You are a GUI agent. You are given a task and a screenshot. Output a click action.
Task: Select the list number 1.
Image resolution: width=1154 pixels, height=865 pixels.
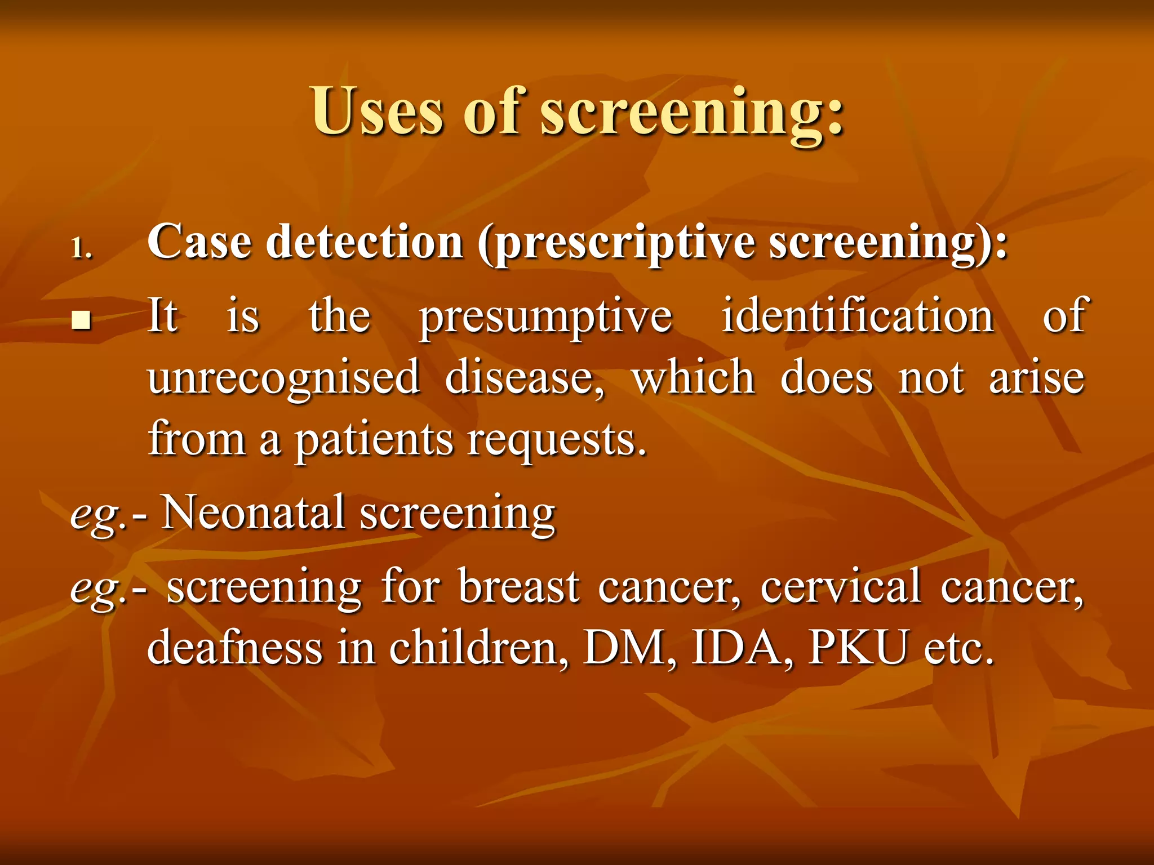point(81,248)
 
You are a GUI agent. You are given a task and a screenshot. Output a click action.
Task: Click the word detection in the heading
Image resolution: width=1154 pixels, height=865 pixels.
point(364,242)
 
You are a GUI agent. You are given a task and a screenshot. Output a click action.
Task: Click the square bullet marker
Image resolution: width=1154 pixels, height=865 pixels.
point(82,321)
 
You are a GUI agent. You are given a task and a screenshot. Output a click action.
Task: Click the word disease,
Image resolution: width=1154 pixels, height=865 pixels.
point(525,377)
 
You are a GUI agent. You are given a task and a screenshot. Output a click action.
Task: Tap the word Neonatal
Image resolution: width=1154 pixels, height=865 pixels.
point(253,512)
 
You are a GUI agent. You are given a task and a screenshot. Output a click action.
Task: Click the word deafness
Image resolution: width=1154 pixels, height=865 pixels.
point(234,648)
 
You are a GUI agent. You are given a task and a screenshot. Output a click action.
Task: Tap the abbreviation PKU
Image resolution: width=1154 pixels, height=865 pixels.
point(858,648)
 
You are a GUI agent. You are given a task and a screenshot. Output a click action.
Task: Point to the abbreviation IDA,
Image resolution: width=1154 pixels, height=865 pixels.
point(743,648)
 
